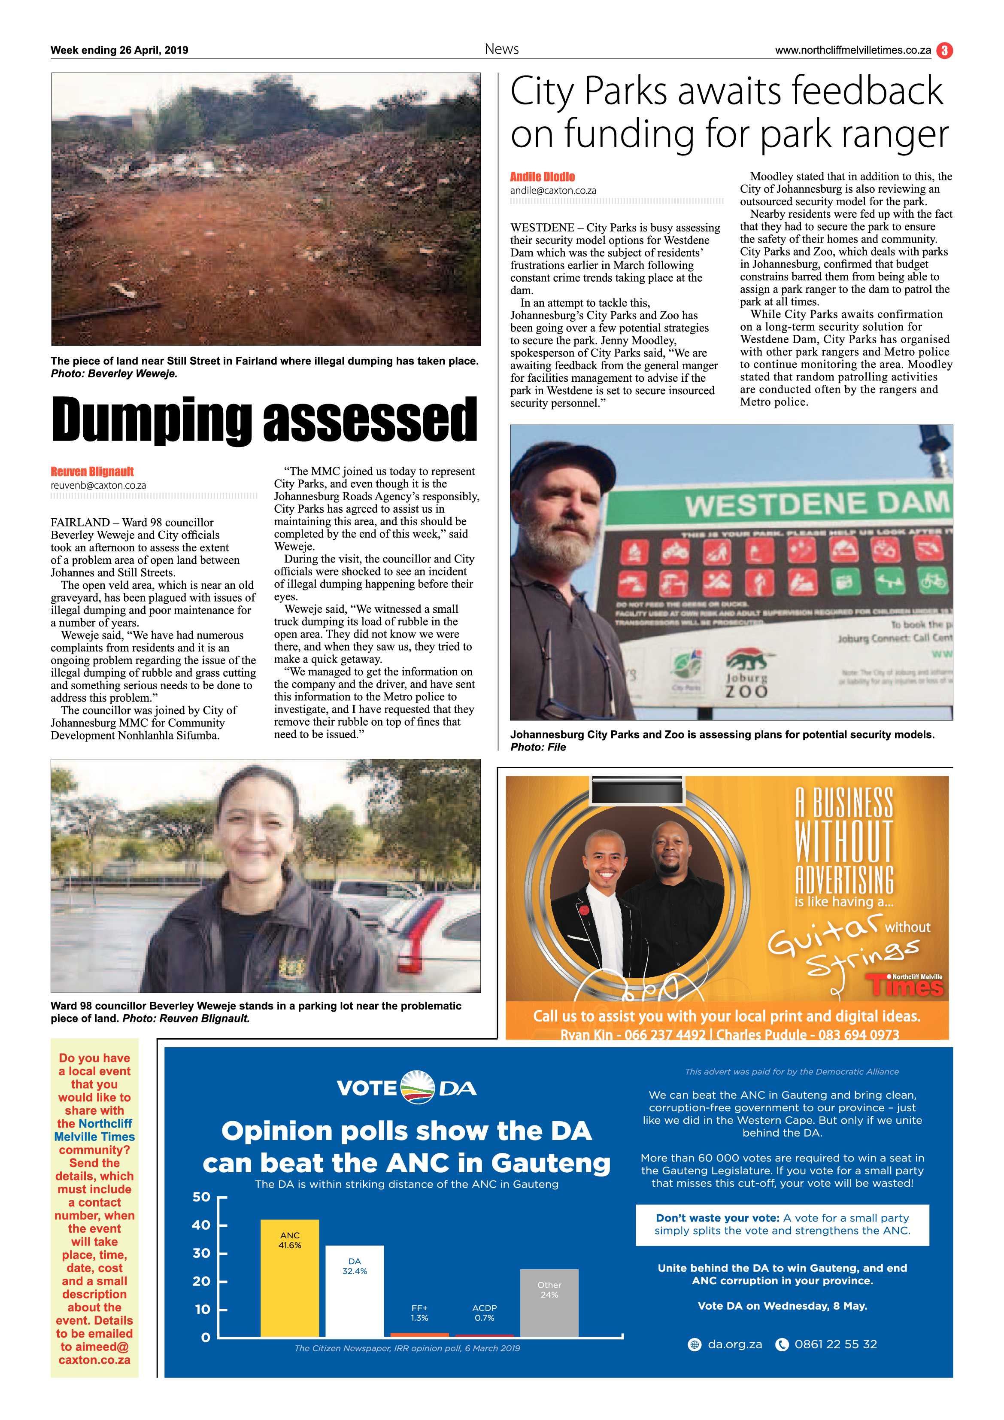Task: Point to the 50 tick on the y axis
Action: click(x=202, y=1197)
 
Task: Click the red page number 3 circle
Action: click(x=944, y=50)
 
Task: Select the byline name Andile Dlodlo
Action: click(x=542, y=177)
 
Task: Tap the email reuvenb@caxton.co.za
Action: click(x=98, y=486)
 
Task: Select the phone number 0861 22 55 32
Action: click(x=835, y=1344)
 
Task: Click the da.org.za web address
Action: click(x=734, y=1344)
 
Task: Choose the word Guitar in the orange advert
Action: click(x=823, y=935)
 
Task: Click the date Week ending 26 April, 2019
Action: click(x=119, y=50)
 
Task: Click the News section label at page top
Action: click(x=501, y=49)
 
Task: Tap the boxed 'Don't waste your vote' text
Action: click(x=782, y=1224)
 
